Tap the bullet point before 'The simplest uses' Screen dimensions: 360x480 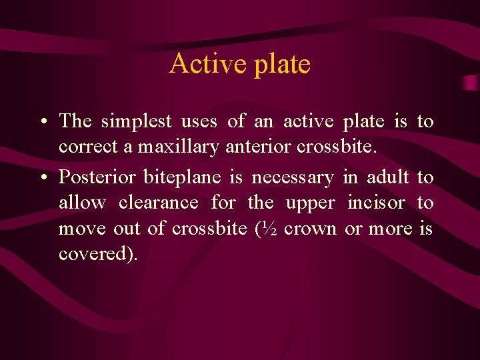42,122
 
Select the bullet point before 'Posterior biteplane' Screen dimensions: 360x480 42,178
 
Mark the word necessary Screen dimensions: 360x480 294,178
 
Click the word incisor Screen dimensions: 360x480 376,203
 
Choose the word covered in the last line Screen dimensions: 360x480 95,255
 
